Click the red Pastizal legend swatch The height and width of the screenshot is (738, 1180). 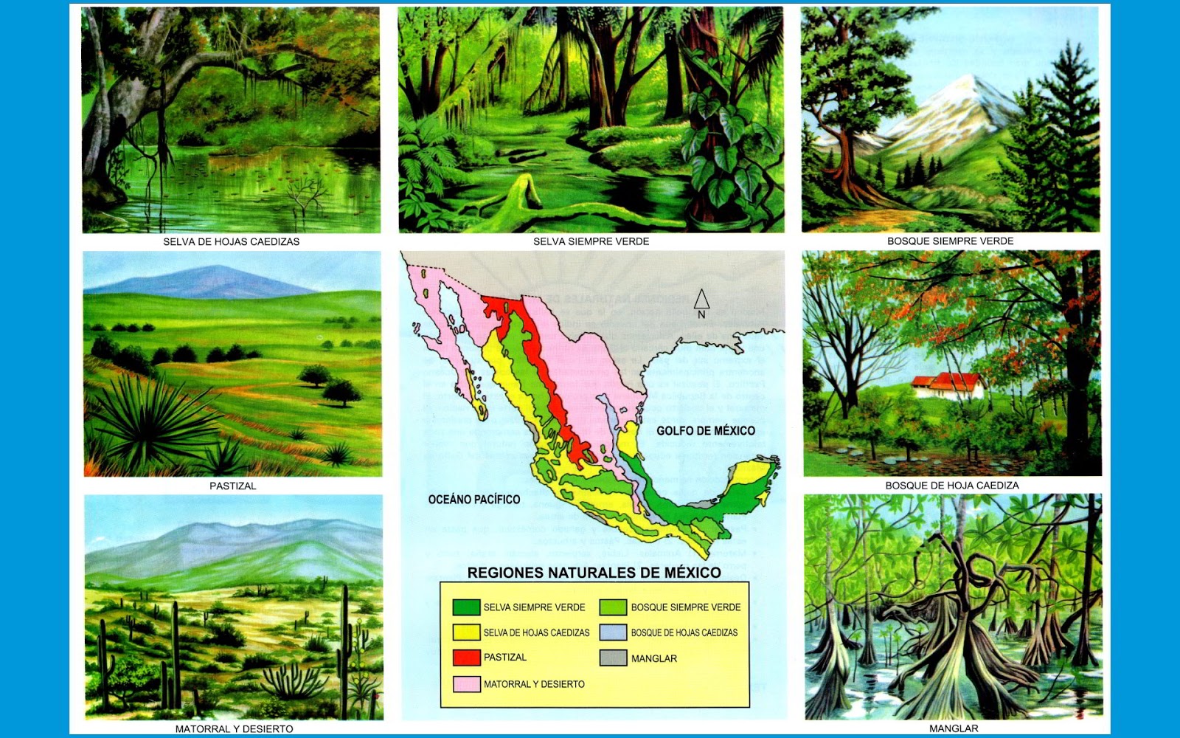[x=466, y=657]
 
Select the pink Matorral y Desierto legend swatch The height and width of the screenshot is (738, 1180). [x=466, y=684]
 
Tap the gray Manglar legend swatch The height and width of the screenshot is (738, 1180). [x=613, y=658]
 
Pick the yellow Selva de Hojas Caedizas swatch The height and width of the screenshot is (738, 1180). [x=466, y=632]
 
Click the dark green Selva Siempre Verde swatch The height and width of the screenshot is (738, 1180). [x=466, y=607]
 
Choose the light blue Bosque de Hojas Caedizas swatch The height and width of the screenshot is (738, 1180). [x=613, y=632]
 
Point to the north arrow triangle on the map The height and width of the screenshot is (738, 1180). [x=701, y=299]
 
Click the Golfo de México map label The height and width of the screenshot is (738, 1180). [x=706, y=430]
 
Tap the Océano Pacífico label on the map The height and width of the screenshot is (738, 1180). [x=474, y=500]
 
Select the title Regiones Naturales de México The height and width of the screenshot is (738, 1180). [x=594, y=573]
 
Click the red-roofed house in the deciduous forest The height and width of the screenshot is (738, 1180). [x=948, y=384]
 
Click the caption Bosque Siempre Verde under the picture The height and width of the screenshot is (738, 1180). [x=950, y=241]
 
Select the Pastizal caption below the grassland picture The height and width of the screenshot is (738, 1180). [x=232, y=486]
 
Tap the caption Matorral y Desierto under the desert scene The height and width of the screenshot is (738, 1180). [x=234, y=728]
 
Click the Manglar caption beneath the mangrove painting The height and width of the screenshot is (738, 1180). [x=954, y=728]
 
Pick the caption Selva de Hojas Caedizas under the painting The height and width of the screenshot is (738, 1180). [x=231, y=241]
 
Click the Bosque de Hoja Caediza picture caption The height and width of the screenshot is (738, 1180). [x=951, y=486]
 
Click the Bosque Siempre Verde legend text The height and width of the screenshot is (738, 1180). [x=685, y=607]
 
